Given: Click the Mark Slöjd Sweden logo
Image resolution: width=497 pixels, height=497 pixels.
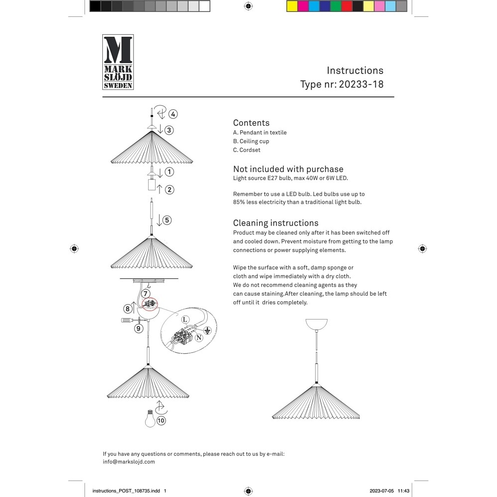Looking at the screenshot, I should [x=118, y=62].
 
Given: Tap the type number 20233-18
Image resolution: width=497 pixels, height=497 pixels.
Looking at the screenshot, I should [x=361, y=84].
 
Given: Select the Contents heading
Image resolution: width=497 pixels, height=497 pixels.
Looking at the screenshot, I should [x=251, y=123].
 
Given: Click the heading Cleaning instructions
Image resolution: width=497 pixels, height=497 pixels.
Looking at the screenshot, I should [x=275, y=223].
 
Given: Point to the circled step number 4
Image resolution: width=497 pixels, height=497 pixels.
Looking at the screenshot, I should [x=172, y=114].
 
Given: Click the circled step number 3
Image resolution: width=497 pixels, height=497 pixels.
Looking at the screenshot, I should [x=169, y=130].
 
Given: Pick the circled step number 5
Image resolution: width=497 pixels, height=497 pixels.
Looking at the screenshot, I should [x=166, y=220].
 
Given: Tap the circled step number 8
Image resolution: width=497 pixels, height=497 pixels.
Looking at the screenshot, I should [x=127, y=309].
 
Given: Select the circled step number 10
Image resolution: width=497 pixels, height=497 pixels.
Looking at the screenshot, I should [x=161, y=420].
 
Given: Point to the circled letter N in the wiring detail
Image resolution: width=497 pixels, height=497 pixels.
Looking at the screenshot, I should [x=199, y=337].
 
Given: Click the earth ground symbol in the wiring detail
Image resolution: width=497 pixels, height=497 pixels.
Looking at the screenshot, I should [x=208, y=330].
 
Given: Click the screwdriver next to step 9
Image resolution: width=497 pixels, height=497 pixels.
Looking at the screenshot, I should [x=130, y=321].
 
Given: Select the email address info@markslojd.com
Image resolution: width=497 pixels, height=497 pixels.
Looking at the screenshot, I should [x=129, y=462].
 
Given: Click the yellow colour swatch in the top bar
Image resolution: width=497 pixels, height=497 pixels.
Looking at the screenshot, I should [x=292, y=6].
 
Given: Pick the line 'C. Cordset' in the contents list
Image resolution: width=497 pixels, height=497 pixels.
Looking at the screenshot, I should [x=247, y=150].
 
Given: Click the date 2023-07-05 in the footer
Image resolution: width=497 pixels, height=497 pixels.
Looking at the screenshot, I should [x=382, y=491].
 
